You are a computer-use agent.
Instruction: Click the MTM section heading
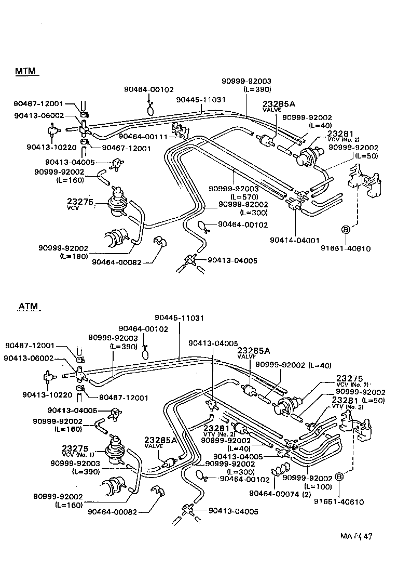pos(25,71)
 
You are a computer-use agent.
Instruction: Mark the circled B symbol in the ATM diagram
pos(339,477)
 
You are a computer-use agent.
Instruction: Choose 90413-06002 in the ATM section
pos(29,358)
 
